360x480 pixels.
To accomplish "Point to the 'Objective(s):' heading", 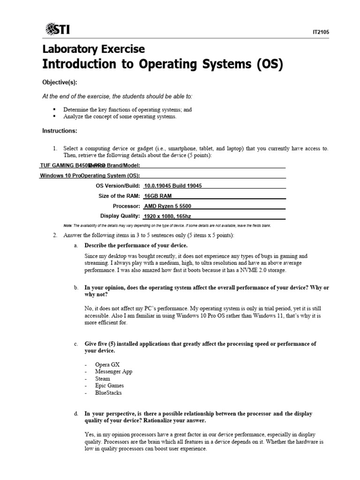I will [60, 82].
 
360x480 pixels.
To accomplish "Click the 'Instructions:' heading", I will [60, 130].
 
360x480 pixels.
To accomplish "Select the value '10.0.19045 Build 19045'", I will [173, 186].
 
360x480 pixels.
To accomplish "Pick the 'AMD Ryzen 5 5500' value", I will [168, 206].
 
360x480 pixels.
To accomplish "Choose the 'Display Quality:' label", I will [120, 216].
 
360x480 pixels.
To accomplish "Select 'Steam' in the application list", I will [103, 378].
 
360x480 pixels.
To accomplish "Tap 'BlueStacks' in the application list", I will [108, 392].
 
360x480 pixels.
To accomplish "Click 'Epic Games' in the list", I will [109, 385].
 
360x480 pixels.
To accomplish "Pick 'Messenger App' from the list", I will [113, 371].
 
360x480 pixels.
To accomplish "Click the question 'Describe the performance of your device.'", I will [135, 246].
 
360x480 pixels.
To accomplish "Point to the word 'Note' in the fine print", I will [68, 225].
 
